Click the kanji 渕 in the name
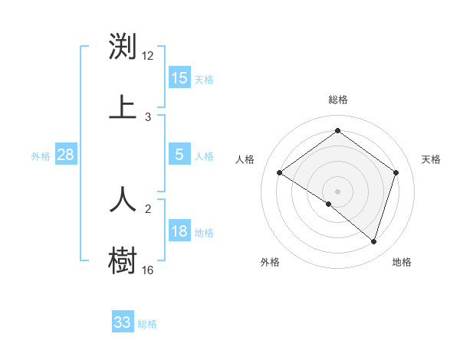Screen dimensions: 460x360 [x=123, y=47]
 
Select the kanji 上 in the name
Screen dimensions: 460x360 [x=123, y=106]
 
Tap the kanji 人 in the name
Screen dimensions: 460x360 [x=123, y=198]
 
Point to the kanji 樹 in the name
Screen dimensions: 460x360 [x=123, y=259]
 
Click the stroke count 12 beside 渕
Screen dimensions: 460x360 [x=148, y=55]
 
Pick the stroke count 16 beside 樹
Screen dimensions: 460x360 [x=148, y=270]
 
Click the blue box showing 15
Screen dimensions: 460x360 [x=179, y=78]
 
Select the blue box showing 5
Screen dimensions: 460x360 [x=179, y=155]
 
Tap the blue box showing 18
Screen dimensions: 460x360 [x=179, y=231]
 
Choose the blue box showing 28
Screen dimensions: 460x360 [x=66, y=155]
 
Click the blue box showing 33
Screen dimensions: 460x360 [x=123, y=322]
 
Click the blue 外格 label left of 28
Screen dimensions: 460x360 [x=41, y=156]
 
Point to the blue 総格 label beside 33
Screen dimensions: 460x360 [x=147, y=324]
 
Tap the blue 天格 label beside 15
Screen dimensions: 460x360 [x=204, y=80]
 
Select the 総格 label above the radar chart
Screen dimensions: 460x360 [x=337, y=100]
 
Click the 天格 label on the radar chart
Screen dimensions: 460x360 [x=432, y=159]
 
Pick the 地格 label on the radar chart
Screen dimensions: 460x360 [x=402, y=262]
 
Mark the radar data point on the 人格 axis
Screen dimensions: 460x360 [x=280, y=173]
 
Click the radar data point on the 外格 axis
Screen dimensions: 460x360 [x=329, y=204]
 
